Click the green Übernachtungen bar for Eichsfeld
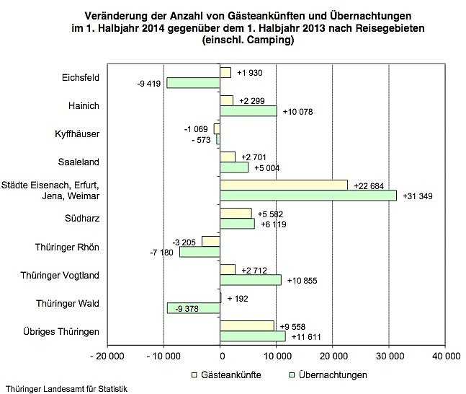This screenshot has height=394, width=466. (193, 83)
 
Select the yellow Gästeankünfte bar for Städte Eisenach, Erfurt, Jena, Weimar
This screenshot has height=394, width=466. (284, 185)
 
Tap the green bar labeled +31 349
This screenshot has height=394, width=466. (308, 196)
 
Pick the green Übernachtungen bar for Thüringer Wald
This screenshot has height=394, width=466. (194, 308)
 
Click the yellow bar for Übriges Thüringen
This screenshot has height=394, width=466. (247, 325)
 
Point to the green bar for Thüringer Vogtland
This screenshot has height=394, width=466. (251, 280)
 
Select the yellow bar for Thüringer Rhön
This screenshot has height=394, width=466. (211, 241)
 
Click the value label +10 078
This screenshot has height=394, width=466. (298, 111)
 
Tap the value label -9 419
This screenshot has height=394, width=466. (151, 83)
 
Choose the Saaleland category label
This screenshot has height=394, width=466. (82, 162)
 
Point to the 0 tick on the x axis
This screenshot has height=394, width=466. (220, 356)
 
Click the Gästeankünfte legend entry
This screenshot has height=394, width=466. (225, 375)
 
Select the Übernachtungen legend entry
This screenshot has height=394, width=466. (328, 375)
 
